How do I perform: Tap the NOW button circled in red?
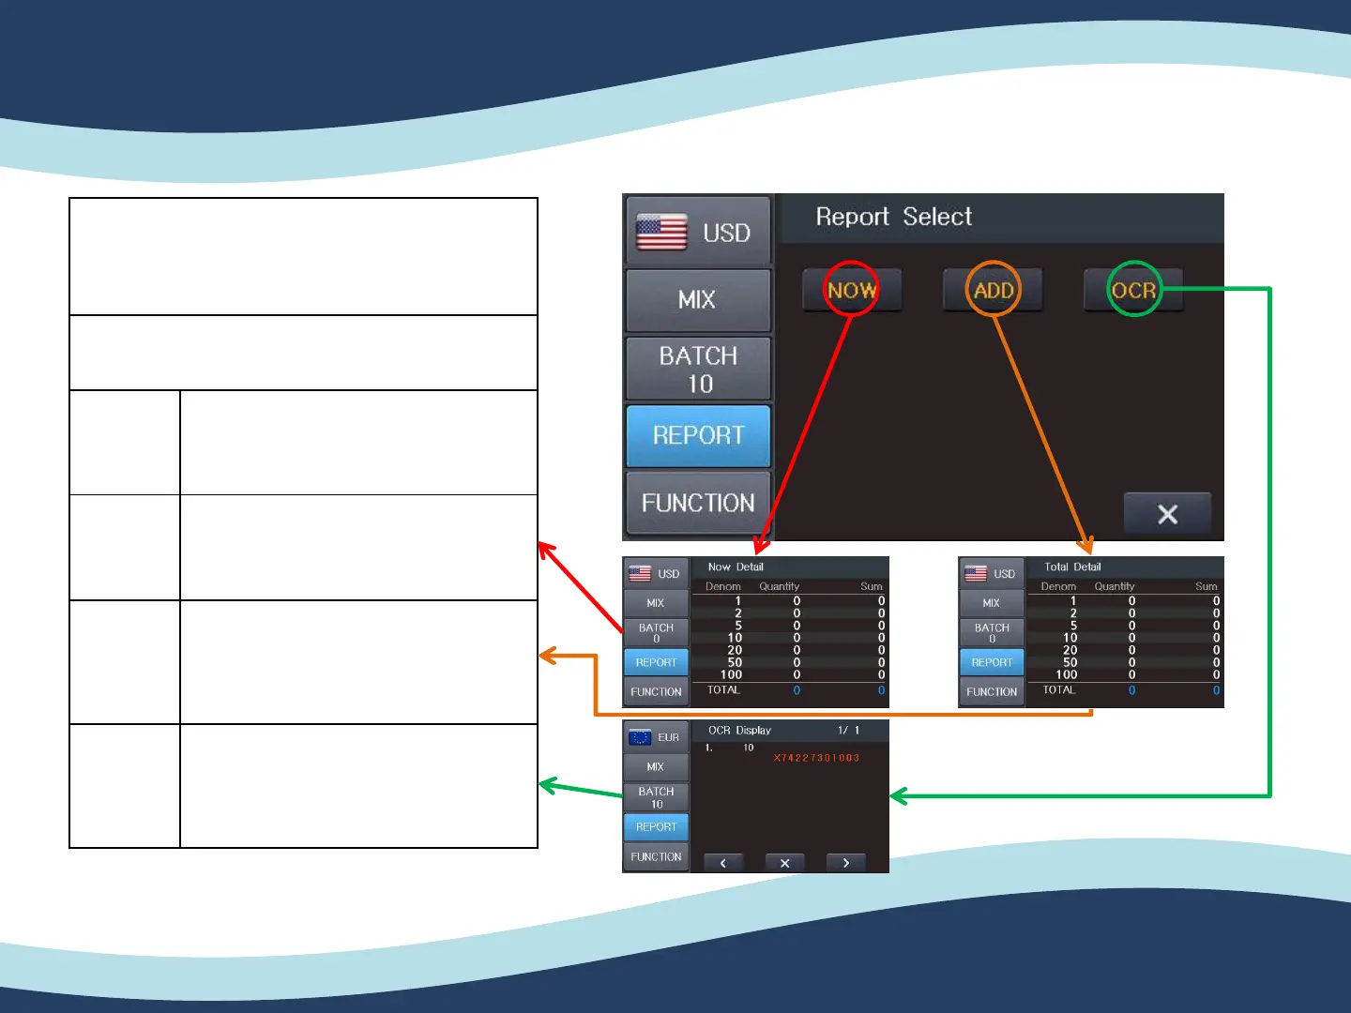[x=851, y=290]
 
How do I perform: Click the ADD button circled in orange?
[x=993, y=290]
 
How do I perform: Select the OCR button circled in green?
[x=1133, y=290]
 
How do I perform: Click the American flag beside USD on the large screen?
[x=661, y=232]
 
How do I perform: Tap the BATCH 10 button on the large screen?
[x=698, y=370]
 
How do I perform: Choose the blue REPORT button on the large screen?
[x=698, y=436]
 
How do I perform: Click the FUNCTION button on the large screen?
[x=698, y=503]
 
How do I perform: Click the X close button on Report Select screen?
[x=1167, y=514]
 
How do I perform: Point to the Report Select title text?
[x=893, y=217]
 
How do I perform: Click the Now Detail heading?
[x=736, y=567]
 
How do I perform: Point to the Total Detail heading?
[x=1072, y=567]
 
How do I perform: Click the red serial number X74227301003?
[x=816, y=758]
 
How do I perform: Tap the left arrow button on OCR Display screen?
[x=722, y=863]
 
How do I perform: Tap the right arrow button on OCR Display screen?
[x=845, y=863]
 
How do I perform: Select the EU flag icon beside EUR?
[x=640, y=737]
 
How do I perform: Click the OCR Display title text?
[x=739, y=730]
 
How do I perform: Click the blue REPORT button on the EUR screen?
[x=656, y=826]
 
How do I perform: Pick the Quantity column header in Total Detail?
[x=1114, y=586]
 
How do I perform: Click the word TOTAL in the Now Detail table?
[x=723, y=689]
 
